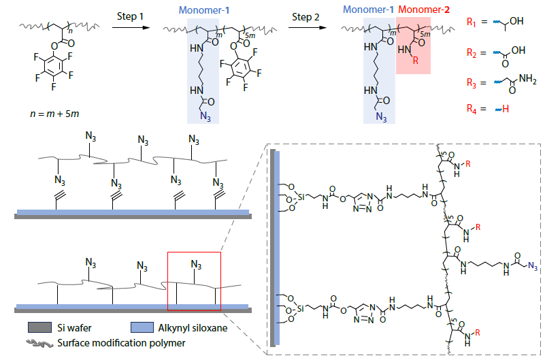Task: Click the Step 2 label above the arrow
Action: pyautogui.click(x=304, y=15)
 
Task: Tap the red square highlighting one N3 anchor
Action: pyautogui.click(x=194, y=280)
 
